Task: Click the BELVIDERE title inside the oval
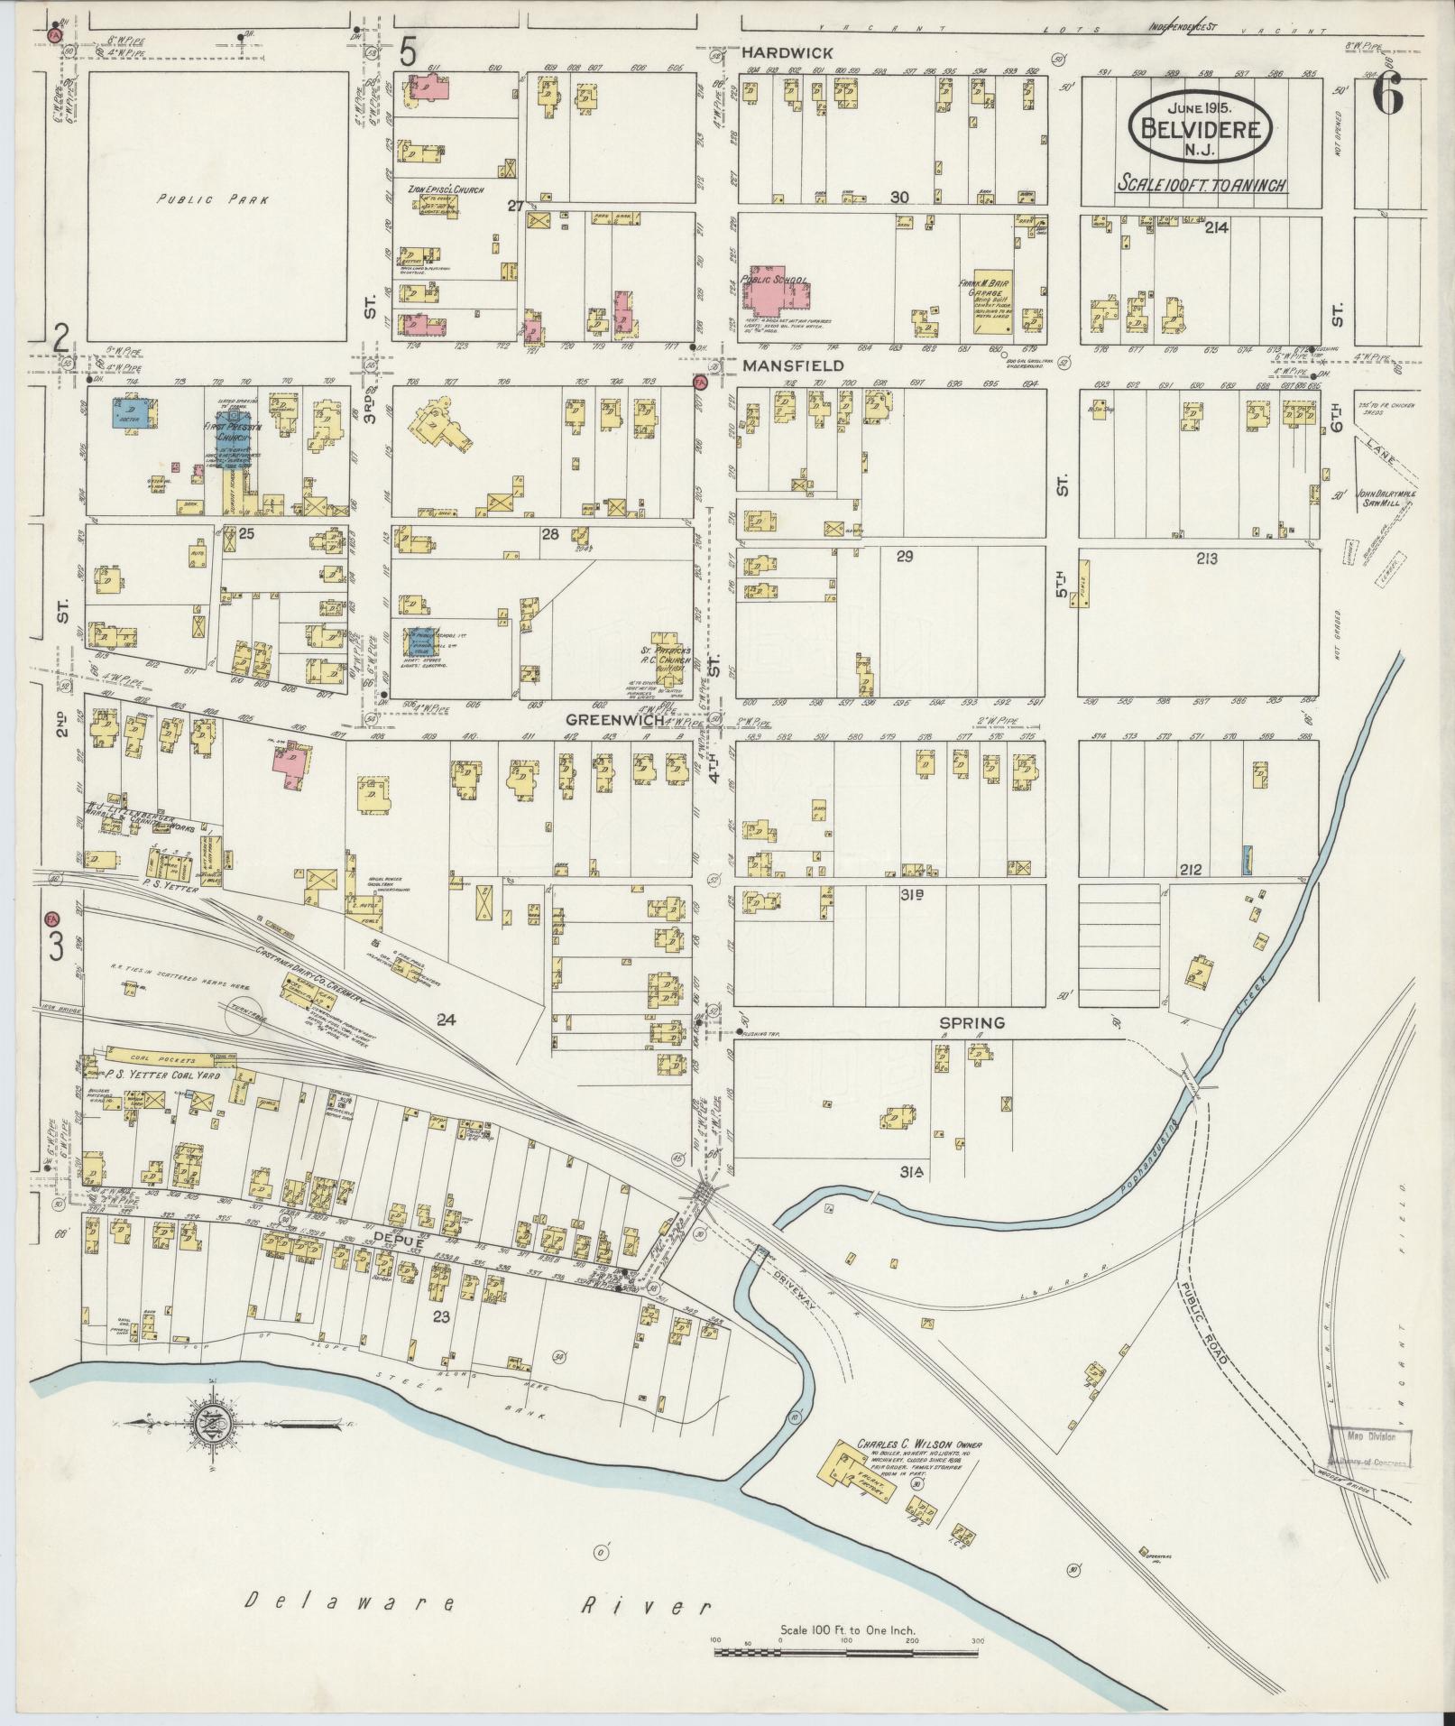pyautogui.click(x=1200, y=127)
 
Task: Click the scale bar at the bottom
pyautogui.click(x=846, y=1653)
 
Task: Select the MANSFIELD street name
pyautogui.click(x=792, y=365)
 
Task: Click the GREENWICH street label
pyautogui.click(x=616, y=720)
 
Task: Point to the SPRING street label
pyautogui.click(x=972, y=1023)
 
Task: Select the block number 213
pyautogui.click(x=1206, y=558)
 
